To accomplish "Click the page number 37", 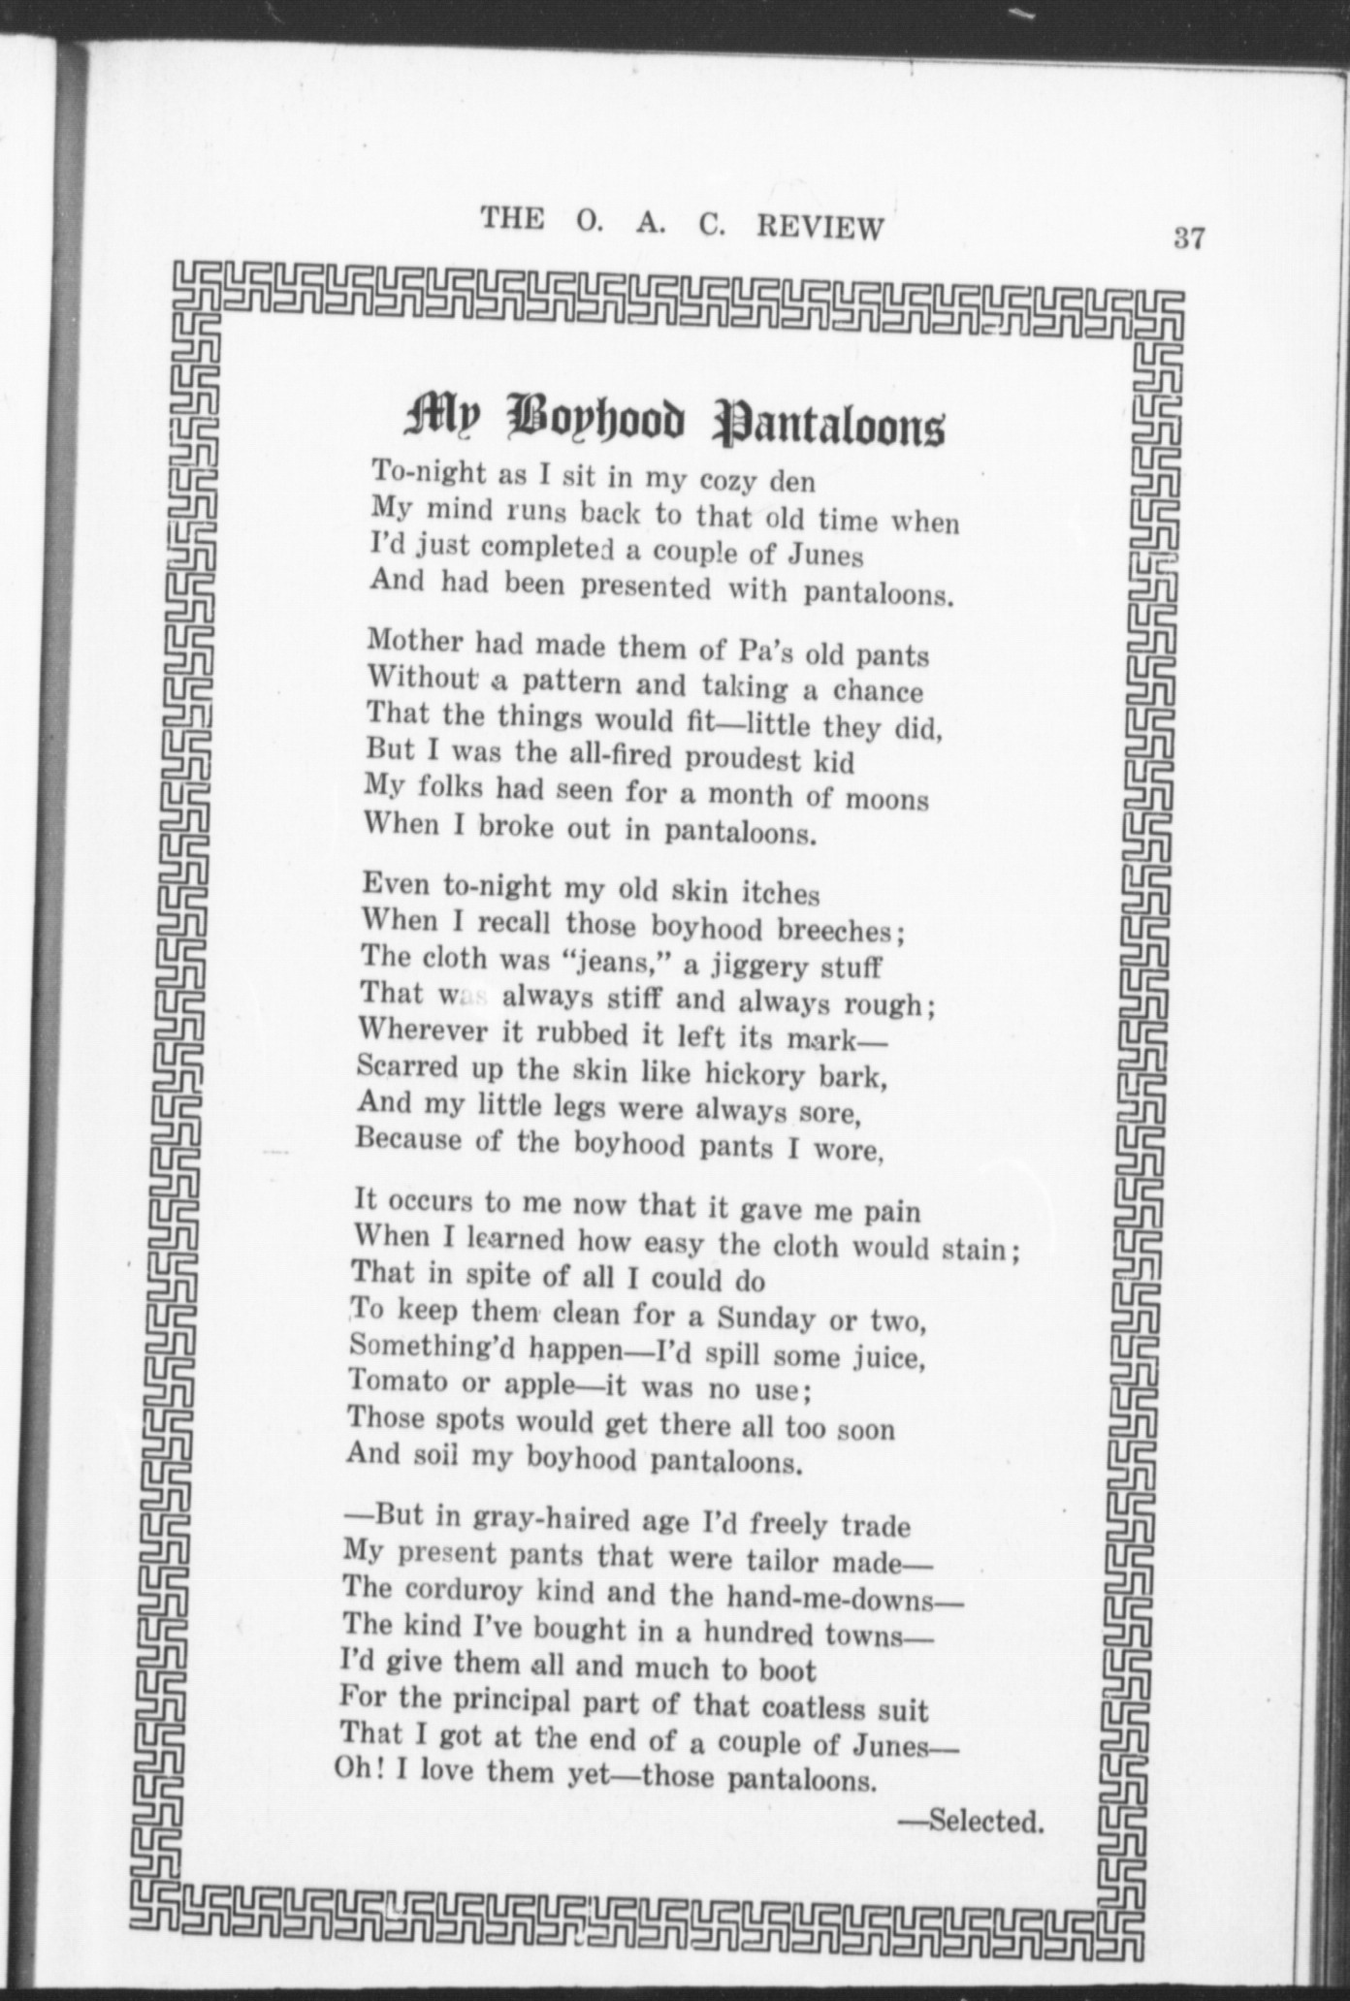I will (x=1188, y=238).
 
